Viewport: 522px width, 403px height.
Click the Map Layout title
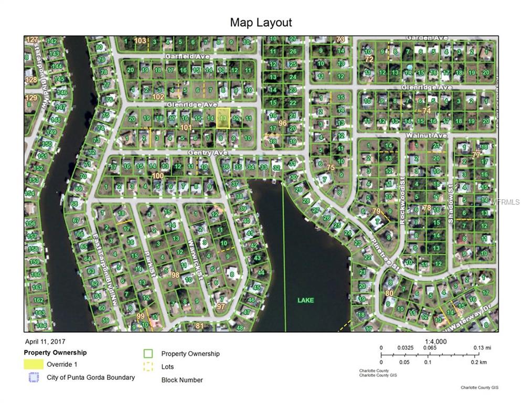(x=261, y=23)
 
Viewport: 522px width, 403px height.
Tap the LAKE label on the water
(x=305, y=300)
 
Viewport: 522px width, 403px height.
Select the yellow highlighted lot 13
(x=223, y=119)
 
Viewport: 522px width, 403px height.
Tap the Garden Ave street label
(x=426, y=38)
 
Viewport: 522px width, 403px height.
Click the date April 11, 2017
(x=45, y=342)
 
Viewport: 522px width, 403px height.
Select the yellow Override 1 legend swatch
(x=34, y=364)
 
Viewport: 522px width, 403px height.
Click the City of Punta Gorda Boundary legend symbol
(x=34, y=377)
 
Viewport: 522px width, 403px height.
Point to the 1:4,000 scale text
(x=435, y=342)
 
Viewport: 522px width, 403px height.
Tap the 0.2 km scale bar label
(x=479, y=362)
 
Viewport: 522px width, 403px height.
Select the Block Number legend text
(x=182, y=380)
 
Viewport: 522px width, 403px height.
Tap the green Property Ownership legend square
(x=148, y=354)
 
